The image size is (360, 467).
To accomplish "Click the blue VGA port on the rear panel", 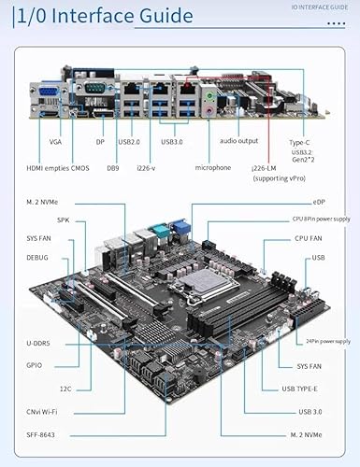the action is pyautogui.click(x=49, y=93).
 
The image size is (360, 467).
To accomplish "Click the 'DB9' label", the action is pyautogui.click(x=113, y=168).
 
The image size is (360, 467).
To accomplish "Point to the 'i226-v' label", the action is pyautogui.click(x=146, y=168).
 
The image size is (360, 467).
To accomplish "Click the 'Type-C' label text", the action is pyautogui.click(x=299, y=143).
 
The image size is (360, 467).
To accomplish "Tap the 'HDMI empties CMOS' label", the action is pyautogui.click(x=58, y=168).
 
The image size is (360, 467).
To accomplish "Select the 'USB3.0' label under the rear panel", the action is pyautogui.click(x=172, y=142).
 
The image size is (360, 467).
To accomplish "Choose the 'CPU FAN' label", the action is pyautogui.click(x=309, y=238).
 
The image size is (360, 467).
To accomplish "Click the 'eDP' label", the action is pyautogui.click(x=319, y=202).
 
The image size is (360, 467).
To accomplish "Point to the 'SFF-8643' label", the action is pyautogui.click(x=40, y=435).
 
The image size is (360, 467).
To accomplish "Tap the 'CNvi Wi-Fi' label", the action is pyautogui.click(x=42, y=412).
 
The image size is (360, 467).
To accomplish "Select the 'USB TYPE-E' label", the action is pyautogui.click(x=299, y=389).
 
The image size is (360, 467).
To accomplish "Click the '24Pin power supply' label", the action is pyautogui.click(x=328, y=341).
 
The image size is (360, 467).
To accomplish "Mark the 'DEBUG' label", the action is pyautogui.click(x=37, y=258).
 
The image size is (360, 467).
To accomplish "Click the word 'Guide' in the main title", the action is pyautogui.click(x=166, y=16).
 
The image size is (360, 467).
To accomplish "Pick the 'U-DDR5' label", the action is pyautogui.click(x=38, y=344).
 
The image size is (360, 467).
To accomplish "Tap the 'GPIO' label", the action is pyautogui.click(x=34, y=365).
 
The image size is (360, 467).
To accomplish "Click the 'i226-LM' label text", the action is pyautogui.click(x=264, y=168).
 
